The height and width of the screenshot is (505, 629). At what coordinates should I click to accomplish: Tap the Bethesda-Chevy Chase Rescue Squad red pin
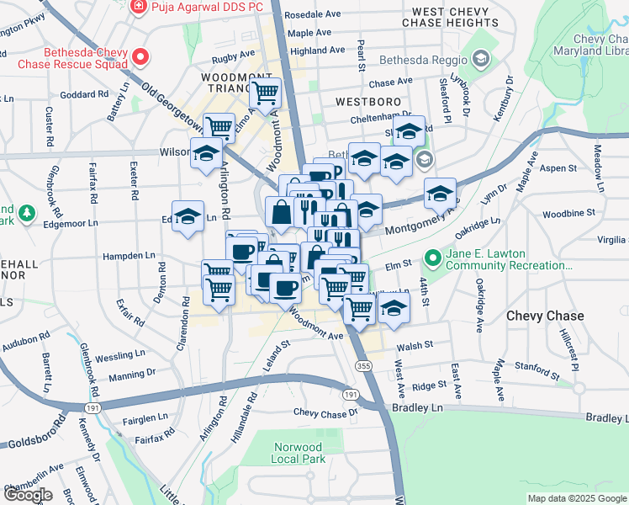[141, 58]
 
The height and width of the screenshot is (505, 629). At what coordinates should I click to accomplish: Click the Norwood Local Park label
[298, 453]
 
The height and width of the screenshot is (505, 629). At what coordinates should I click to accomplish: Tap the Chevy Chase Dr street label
[325, 412]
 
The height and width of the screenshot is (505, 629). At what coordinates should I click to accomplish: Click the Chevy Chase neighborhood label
[545, 316]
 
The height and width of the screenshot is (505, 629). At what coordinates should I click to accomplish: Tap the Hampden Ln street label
[128, 255]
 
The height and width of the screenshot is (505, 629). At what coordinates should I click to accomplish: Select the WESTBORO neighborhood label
[362, 100]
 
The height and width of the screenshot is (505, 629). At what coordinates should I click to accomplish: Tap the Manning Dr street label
[132, 373]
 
